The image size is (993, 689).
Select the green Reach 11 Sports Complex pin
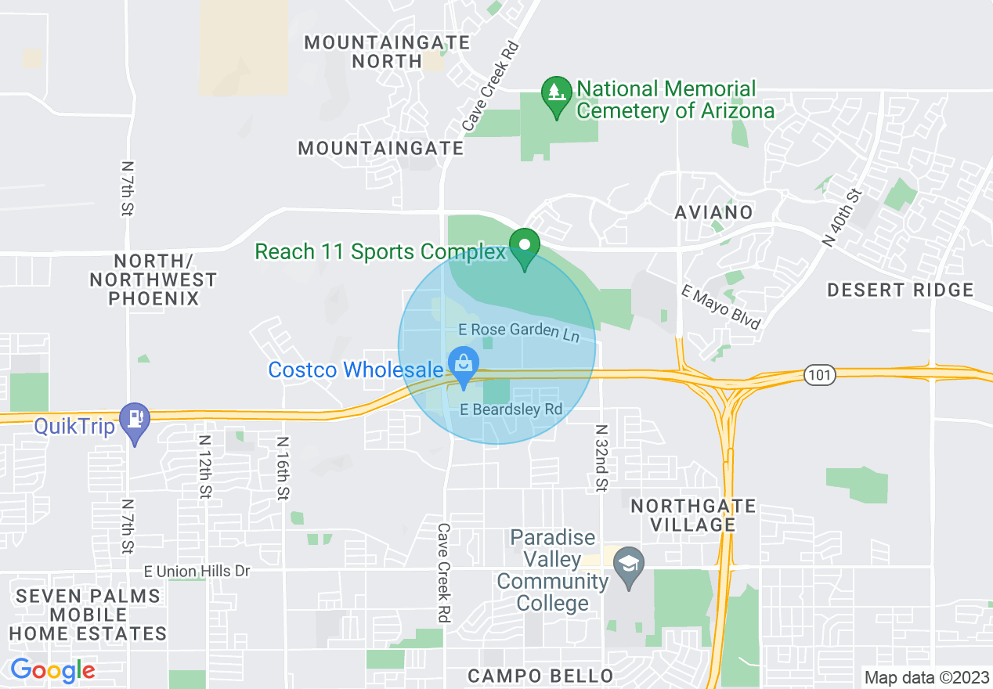coord(524,247)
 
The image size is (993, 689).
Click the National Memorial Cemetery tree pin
coord(556,95)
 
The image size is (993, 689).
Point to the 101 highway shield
coord(819,375)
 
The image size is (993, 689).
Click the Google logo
coord(52,670)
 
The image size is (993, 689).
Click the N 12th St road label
coord(205,467)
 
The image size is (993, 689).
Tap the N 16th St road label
coord(282,467)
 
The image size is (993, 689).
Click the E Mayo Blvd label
coord(720,306)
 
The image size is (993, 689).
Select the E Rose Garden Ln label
coord(524,331)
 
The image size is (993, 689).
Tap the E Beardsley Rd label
coord(511,409)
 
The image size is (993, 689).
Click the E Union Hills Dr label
coord(197,572)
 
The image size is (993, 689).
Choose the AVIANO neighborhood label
coord(713,212)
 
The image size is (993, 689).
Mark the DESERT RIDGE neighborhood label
coord(901,290)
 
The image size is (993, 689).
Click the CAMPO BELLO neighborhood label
coord(540,676)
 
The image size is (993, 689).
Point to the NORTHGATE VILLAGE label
coord(694,515)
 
